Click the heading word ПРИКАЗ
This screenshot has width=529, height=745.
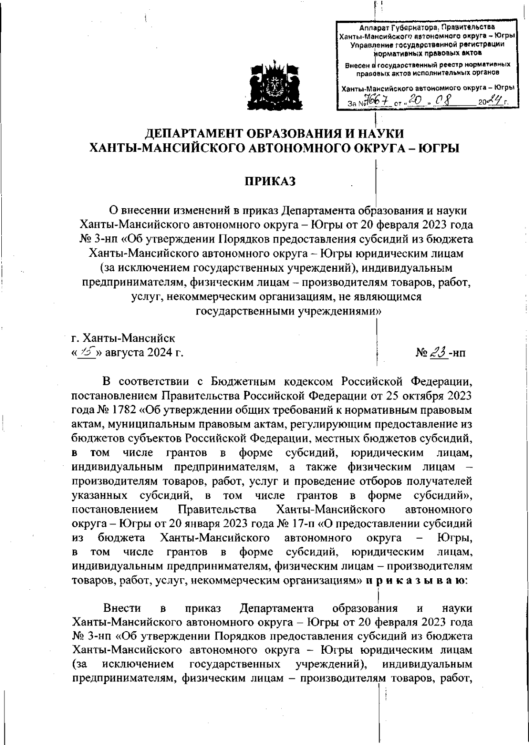[x=270, y=181]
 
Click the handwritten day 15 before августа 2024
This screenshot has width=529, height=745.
[x=86, y=353]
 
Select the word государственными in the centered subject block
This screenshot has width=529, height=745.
[x=245, y=311]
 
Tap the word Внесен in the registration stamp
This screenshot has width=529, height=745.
[x=357, y=65]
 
